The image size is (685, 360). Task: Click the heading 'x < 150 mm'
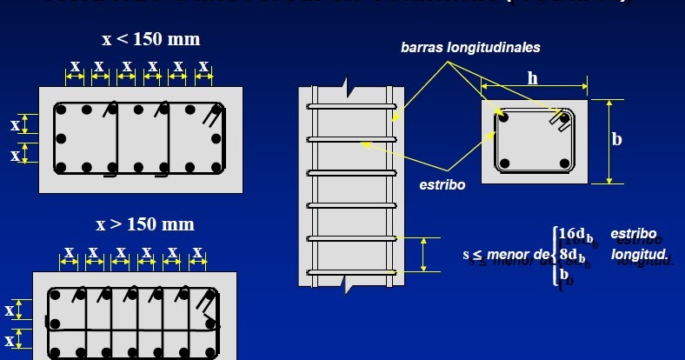[150, 39]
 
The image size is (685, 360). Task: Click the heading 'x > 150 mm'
[145, 224]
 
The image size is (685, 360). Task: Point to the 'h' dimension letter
[533, 78]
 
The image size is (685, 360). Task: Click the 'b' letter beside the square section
[617, 139]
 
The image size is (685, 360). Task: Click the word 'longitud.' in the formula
[639, 255]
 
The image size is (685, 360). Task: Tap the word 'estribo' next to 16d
[634, 234]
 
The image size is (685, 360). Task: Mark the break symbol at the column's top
[347, 86]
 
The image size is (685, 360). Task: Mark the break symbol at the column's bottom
[347, 283]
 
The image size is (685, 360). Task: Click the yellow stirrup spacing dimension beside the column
[423, 255]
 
